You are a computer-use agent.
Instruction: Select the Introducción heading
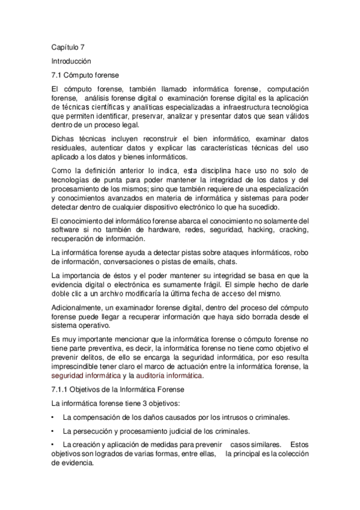(x=72, y=61)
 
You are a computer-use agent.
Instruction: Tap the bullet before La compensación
(x=53, y=417)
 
